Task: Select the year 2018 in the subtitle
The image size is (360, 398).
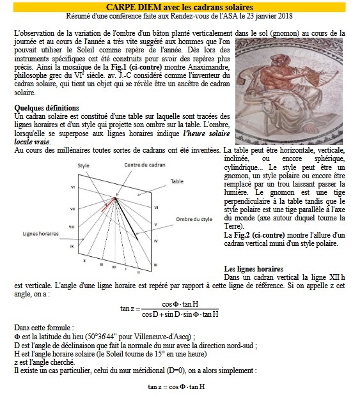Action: [x=285, y=16]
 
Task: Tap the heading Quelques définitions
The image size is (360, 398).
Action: [x=47, y=108]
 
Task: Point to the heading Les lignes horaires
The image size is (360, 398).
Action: [x=254, y=269]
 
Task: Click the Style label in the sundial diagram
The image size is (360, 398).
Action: [x=83, y=165]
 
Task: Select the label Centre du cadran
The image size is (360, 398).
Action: [x=145, y=165]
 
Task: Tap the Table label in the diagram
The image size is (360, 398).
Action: [x=177, y=181]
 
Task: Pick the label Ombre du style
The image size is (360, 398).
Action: [x=194, y=219]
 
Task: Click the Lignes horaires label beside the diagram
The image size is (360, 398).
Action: [x=41, y=234]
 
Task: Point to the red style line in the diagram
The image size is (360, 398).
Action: [x=108, y=204]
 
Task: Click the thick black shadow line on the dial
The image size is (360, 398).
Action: [x=127, y=218]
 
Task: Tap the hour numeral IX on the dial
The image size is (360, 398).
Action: [x=72, y=246]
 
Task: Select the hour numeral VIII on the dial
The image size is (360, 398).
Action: [x=72, y=227]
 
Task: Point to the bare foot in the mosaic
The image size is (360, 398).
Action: [x=311, y=129]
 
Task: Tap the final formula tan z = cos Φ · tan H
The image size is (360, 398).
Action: [x=176, y=387]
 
